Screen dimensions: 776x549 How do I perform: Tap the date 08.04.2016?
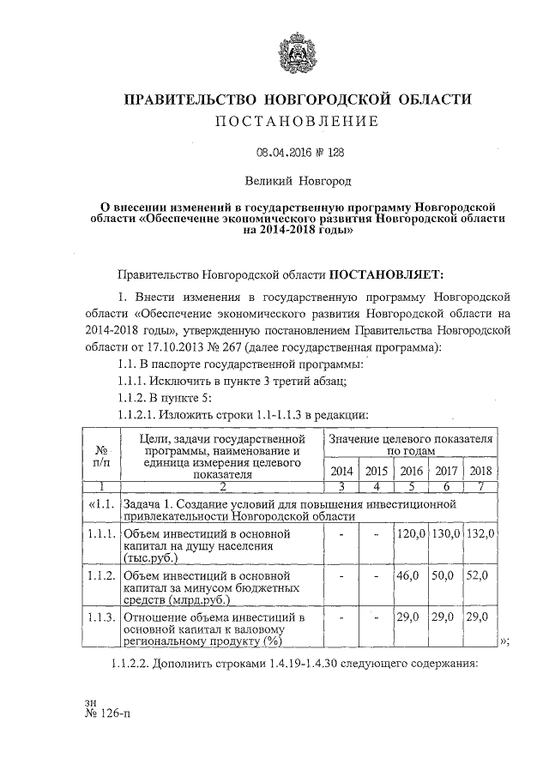pyautogui.click(x=283, y=153)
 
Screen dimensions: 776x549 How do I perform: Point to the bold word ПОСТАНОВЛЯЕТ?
pyautogui.click(x=387, y=274)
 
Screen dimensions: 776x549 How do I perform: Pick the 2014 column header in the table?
pyautogui.click(x=341, y=471)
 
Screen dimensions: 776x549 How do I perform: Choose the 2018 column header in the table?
pyautogui.click(x=480, y=471)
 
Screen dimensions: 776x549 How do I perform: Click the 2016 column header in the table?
pyautogui.click(x=411, y=471)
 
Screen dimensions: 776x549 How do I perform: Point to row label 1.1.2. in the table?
pyautogui.click(x=102, y=577)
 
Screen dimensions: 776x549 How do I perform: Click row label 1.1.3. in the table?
pyautogui.click(x=102, y=617)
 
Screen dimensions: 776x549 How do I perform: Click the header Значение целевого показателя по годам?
pyautogui.click(x=410, y=444)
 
